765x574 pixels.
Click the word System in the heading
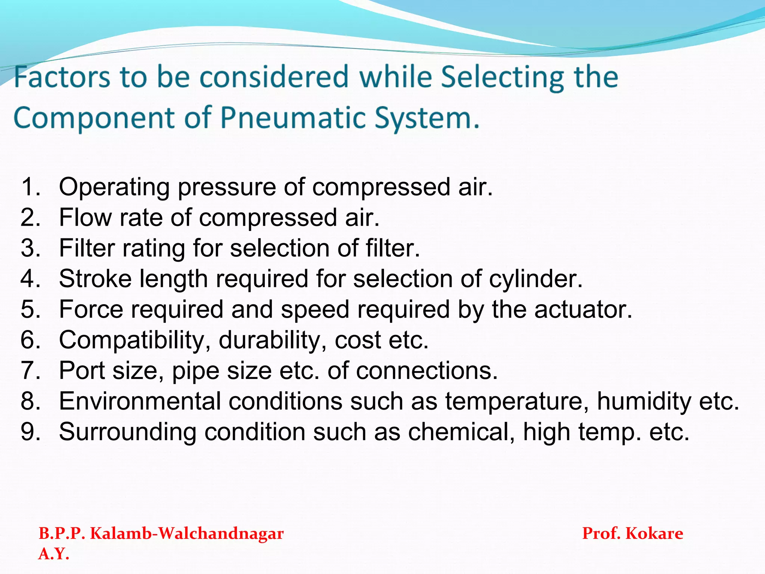426,118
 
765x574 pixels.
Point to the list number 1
30,187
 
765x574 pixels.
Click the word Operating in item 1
114,187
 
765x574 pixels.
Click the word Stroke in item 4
95,279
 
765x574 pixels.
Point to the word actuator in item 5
583,309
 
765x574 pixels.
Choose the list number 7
30,371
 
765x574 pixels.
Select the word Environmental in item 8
140,401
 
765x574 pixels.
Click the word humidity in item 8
644,401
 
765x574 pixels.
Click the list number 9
30,432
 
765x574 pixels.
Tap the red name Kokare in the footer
654,533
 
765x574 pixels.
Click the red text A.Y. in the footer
54,554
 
